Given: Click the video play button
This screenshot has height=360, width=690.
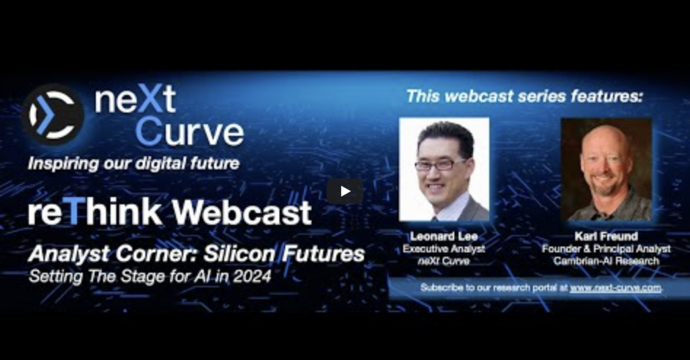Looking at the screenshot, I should tap(345, 191).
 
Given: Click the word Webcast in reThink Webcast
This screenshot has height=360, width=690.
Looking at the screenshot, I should tap(243, 212).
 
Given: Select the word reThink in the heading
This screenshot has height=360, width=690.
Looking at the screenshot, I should tap(95, 212).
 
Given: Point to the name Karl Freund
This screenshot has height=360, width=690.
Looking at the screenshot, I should tap(606, 237).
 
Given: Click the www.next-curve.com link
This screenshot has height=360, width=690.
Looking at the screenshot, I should tap(615, 288).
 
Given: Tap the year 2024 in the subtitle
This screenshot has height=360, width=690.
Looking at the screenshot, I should tap(253, 277).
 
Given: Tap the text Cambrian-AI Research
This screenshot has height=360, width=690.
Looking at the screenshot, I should tap(606, 261).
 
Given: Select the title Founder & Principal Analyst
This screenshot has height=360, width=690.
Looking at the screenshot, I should tap(606, 249).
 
